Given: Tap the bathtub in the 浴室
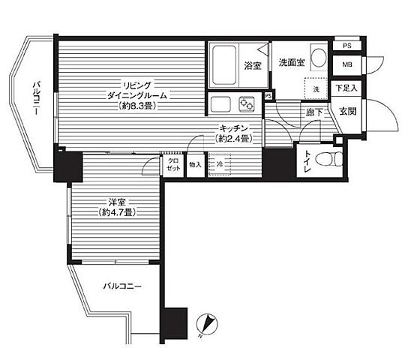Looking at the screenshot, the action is pyautogui.click(x=224, y=65).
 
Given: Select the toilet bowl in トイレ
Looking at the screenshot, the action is pyautogui.click(x=328, y=159).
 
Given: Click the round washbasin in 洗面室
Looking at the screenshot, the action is pyautogui.click(x=319, y=58).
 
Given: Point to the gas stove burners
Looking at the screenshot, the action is pyautogui.click(x=247, y=103).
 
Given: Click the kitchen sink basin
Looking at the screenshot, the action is pyautogui.click(x=220, y=104).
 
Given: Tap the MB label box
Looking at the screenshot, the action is pyautogui.click(x=347, y=64).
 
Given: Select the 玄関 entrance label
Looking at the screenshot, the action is pyautogui.click(x=348, y=112).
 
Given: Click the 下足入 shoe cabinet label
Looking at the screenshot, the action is pyautogui.click(x=346, y=88).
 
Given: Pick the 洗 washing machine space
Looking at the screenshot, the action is pyautogui.click(x=316, y=88).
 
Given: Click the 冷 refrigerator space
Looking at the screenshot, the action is pyautogui.click(x=219, y=164).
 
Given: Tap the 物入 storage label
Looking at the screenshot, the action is pyautogui.click(x=196, y=165).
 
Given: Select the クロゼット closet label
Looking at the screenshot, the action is pyautogui.click(x=173, y=165).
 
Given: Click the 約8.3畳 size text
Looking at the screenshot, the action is pyautogui.click(x=136, y=106).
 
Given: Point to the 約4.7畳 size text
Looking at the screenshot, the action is pyautogui.click(x=118, y=212).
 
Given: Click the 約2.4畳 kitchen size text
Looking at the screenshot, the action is pyautogui.click(x=234, y=139).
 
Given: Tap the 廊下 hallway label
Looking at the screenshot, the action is pyautogui.click(x=313, y=112).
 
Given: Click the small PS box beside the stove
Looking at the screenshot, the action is pyautogui.click(x=268, y=96).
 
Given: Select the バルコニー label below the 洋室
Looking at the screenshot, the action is pyautogui.click(x=122, y=286).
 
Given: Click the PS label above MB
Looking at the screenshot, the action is pyautogui.click(x=346, y=46).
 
